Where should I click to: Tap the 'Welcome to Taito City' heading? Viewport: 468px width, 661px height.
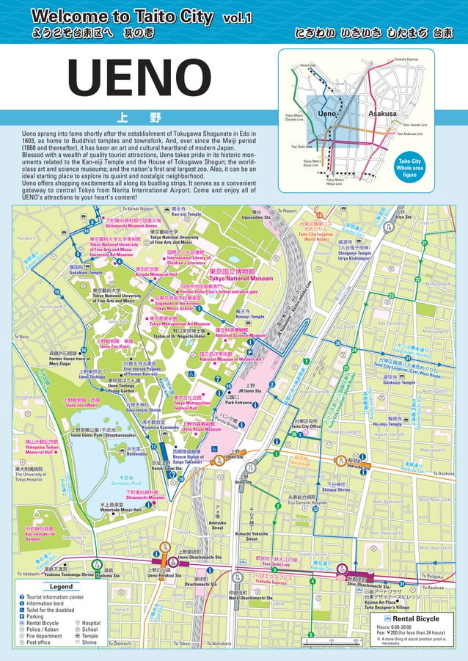122,17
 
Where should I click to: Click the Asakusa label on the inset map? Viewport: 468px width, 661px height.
381,114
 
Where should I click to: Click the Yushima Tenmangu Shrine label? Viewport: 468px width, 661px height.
68,574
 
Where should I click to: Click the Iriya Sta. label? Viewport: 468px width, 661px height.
403,217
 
